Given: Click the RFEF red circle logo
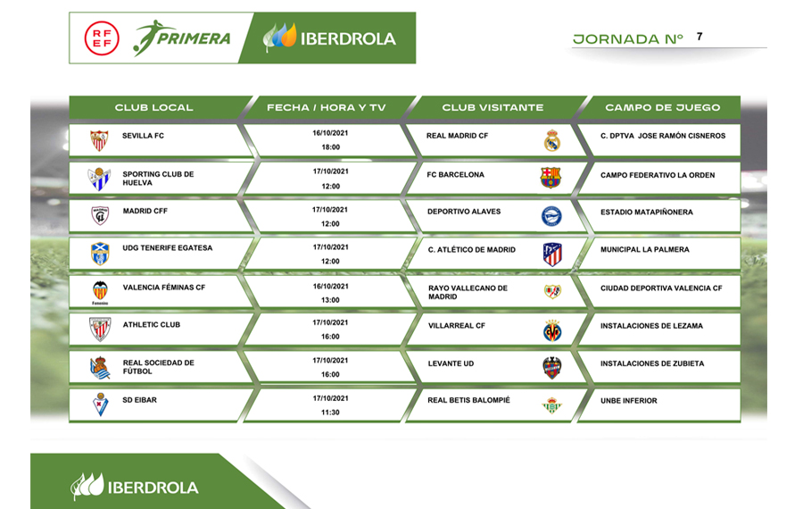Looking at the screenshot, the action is click(102, 38).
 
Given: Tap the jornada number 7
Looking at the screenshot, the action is click(699, 37).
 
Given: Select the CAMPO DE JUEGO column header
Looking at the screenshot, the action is click(662, 108).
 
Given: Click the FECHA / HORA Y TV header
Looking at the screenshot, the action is click(326, 108).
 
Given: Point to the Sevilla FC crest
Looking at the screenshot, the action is click(99, 140).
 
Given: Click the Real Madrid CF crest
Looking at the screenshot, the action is click(552, 140).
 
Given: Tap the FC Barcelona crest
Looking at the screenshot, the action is click(551, 178).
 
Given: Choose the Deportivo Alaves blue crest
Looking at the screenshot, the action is click(551, 216).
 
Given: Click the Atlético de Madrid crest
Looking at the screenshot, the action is click(552, 254).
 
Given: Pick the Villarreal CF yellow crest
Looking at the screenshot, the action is click(552, 330).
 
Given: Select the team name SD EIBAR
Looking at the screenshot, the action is click(139, 400).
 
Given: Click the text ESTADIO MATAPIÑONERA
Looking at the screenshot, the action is click(646, 213).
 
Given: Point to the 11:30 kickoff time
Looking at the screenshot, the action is click(330, 413).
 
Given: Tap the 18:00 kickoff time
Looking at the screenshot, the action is click(330, 147).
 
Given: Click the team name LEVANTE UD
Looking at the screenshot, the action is click(451, 363).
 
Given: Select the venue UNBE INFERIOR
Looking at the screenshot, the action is click(628, 401).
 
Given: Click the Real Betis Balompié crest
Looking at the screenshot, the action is click(551, 405).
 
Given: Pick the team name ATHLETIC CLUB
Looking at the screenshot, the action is click(151, 324).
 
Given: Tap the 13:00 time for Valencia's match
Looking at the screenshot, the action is click(330, 300).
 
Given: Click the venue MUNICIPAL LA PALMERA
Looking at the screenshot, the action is click(645, 250).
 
